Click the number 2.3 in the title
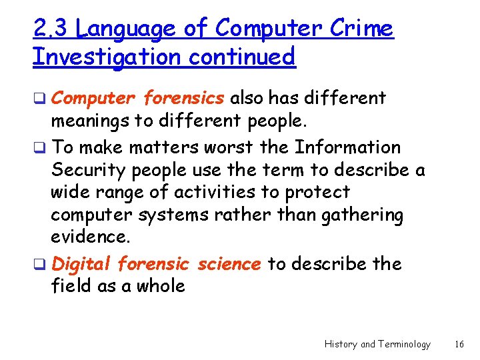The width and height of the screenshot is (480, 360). click(x=51, y=29)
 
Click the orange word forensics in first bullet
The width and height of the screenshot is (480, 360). click(x=183, y=98)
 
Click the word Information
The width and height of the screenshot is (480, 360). click(x=347, y=147)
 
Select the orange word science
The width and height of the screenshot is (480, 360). click(x=229, y=264)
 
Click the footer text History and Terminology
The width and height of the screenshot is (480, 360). click(x=377, y=344)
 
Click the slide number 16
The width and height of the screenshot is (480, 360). click(x=459, y=344)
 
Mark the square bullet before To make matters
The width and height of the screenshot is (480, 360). click(x=43, y=148)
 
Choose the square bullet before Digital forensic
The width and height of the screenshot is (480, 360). click(x=43, y=265)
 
